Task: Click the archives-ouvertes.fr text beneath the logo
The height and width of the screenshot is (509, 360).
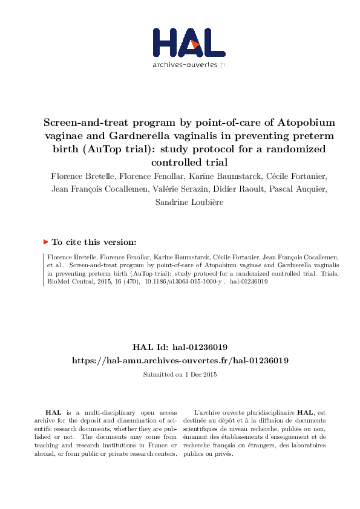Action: pos(189,64)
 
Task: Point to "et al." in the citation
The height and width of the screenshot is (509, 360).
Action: pos(55,265)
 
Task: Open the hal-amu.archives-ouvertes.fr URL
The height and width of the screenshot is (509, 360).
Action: pos(180,360)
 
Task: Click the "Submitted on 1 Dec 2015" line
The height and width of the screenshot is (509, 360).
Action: pos(180,374)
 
